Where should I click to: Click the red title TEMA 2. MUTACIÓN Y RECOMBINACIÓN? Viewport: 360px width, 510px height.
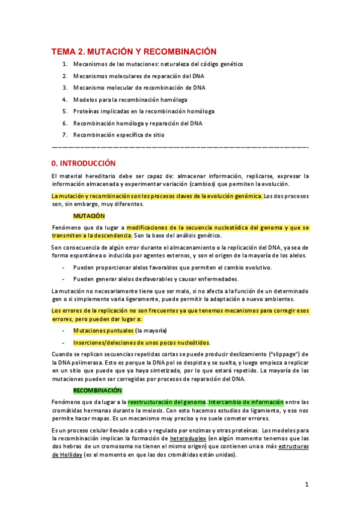(x=133, y=52)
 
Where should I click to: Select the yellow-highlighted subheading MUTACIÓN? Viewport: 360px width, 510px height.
(x=89, y=215)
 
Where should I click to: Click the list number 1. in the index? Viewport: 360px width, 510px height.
(x=65, y=64)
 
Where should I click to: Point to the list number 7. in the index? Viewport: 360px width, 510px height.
(x=65, y=135)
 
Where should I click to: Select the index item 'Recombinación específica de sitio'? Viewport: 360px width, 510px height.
(x=118, y=135)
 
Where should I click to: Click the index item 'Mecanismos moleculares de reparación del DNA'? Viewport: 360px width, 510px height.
(x=138, y=76)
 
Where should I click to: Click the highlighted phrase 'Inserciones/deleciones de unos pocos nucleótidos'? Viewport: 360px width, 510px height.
(x=141, y=342)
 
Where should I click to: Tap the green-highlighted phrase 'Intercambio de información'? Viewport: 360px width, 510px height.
(x=246, y=402)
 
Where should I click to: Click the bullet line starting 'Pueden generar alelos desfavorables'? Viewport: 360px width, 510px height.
(x=156, y=278)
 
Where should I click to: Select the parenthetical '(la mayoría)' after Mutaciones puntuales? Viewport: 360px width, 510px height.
(x=151, y=331)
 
